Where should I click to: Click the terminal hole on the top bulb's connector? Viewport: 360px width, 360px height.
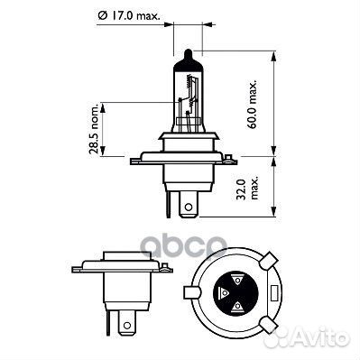(x=188, y=207)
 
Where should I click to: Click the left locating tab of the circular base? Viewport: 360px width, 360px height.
(x=189, y=293)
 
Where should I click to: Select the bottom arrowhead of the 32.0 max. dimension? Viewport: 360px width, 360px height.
(x=271, y=216)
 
